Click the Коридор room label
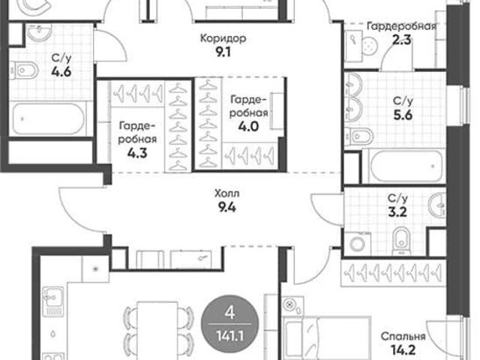point(223,38)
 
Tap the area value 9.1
point(223,52)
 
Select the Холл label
point(227,193)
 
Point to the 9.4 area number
point(226,208)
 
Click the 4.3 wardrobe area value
point(137,153)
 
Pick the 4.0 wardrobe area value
point(248,126)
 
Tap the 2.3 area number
point(402,40)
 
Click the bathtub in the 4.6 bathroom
point(47,118)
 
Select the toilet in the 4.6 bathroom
point(23,71)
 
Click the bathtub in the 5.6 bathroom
point(406,166)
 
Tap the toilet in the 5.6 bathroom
point(358,136)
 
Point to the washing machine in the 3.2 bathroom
point(357,244)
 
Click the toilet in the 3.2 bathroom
point(402,240)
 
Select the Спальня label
point(403,337)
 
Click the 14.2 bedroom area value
point(403,349)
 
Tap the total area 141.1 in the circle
point(230,337)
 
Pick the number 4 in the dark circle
point(229,313)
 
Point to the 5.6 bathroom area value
point(403,115)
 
